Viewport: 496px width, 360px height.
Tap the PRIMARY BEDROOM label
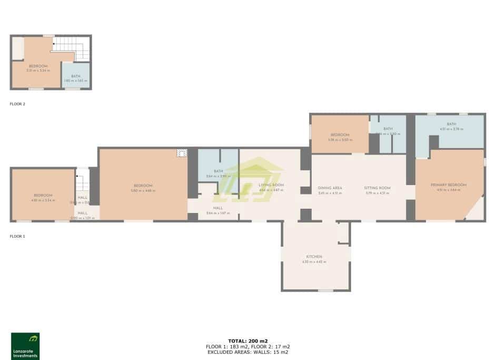click(449, 185)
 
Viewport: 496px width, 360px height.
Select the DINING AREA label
click(330, 188)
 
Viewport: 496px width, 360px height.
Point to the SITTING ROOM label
click(377, 188)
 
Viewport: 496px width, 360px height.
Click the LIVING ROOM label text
click(271, 185)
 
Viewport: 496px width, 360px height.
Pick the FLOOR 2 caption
click(17, 104)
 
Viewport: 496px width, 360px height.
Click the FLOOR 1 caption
click(17, 236)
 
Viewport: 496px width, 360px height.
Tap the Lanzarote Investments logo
click(25, 346)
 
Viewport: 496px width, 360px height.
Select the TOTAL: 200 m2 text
click(247, 341)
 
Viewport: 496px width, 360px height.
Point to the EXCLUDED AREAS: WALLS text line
click(247, 352)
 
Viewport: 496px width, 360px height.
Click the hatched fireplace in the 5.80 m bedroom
click(182, 153)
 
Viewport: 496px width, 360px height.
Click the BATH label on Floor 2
click(75, 76)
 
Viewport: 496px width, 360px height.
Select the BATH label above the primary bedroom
click(451, 124)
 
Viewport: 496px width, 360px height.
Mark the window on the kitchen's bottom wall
click(325, 290)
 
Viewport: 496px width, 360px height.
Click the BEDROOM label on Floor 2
click(38, 66)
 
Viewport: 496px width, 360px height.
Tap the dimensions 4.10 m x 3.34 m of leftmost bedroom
click(43, 200)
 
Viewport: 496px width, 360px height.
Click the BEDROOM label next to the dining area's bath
click(340, 135)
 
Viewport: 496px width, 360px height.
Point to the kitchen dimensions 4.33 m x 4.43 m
click(314, 262)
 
